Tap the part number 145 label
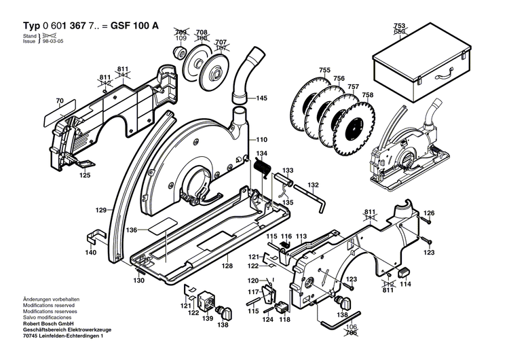261,98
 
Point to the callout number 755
324,71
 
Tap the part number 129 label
101,211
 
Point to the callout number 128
227,266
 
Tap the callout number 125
85,175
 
